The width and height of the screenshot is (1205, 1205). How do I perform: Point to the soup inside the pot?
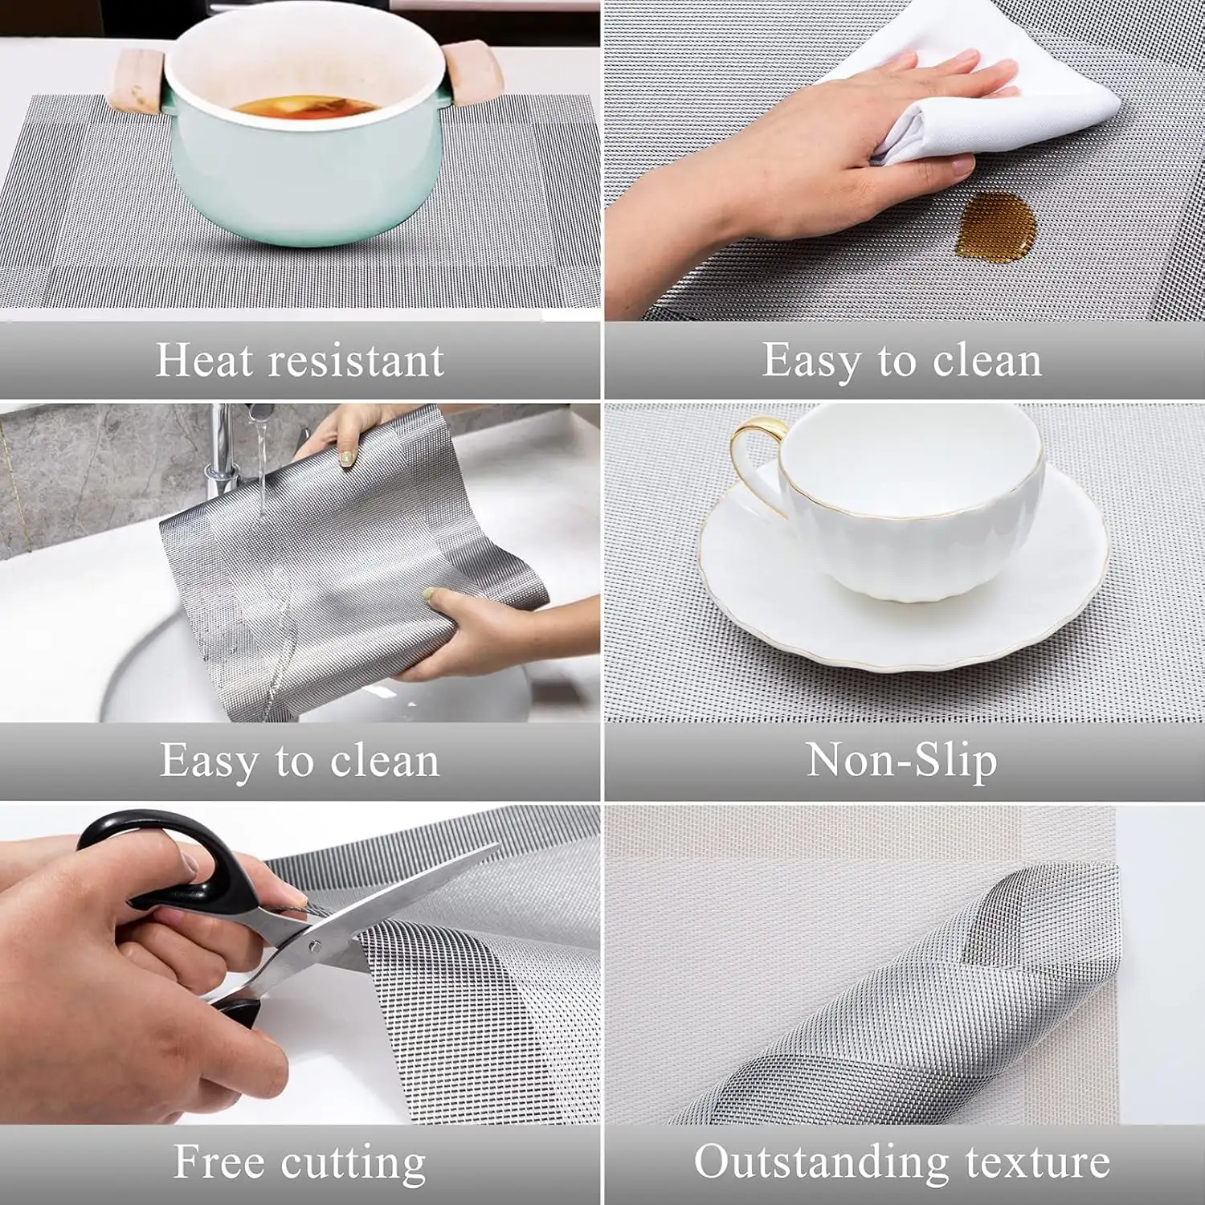click(304, 108)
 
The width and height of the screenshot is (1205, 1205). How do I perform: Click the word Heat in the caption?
click(203, 359)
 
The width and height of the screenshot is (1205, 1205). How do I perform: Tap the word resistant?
click(356, 360)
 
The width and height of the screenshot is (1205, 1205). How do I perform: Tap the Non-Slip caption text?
click(901, 760)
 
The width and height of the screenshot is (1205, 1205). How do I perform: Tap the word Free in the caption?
click(219, 1162)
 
